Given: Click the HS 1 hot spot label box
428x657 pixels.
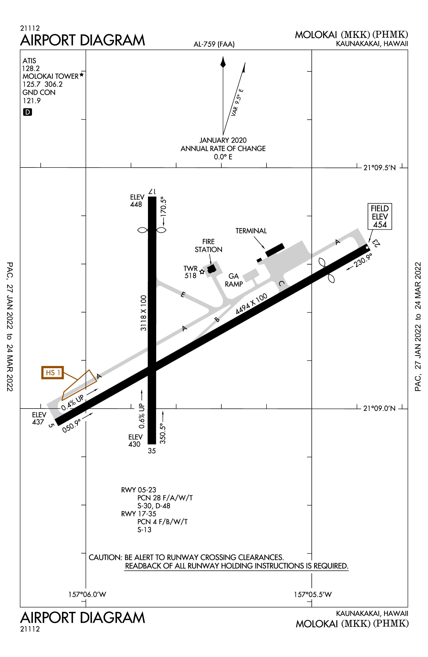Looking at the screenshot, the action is coord(53,373).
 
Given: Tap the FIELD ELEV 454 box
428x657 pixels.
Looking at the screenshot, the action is coord(380,216).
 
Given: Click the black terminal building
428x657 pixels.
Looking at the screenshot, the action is coord(275,250).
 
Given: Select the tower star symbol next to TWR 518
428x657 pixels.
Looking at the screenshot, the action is coord(202,272).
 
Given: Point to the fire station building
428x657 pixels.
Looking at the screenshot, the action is coord(212,269).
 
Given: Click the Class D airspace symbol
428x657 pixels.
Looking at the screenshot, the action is coord(28,112).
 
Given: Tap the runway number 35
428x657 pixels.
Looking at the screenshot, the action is coord(152,451).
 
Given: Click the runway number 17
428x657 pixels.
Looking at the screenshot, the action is coord(152,192).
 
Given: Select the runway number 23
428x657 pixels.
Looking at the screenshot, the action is coord(376,243).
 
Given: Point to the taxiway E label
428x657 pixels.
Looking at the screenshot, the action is coord(182,295).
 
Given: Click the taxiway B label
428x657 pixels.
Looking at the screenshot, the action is coord(217,320).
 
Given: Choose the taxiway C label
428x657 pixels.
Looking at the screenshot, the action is coord(281,283).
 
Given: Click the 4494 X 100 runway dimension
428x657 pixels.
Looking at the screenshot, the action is coord(251,304).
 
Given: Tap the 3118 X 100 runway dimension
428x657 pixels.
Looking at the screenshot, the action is coord(143,313).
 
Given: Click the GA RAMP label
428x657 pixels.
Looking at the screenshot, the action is coord(234,280).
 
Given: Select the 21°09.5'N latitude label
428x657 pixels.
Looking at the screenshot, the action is coord(379,168).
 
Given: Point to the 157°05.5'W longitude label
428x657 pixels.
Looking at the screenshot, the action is coord(313,594).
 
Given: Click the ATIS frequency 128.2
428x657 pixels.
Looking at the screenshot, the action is coord(31,68).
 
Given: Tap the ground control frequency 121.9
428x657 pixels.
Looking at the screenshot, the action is coord(32,101).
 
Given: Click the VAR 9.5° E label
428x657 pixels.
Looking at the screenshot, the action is coord(237,102).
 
